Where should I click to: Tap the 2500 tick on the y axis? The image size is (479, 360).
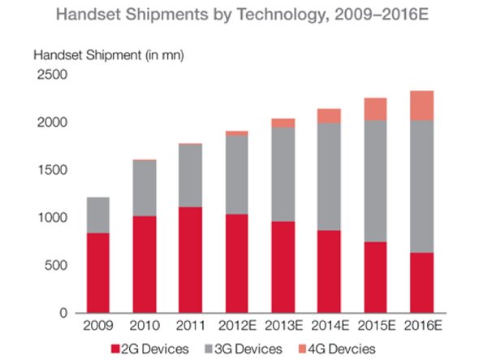coord(50,75)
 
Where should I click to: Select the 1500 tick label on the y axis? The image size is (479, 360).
coord(50,170)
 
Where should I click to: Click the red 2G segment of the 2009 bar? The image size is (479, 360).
coord(97,273)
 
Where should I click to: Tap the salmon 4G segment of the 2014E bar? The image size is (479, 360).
coord(329,115)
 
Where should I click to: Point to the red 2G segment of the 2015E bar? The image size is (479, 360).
coord(376,277)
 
